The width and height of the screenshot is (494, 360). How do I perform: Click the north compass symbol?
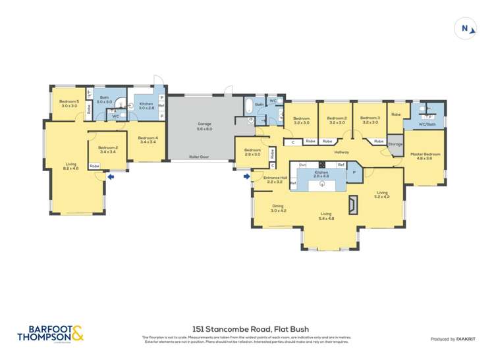[466, 28]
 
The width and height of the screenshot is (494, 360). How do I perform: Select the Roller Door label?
[198, 157]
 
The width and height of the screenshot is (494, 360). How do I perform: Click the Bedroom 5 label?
[70, 103]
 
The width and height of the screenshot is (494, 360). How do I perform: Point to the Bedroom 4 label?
[148, 140]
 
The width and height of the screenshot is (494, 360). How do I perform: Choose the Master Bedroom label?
[425, 156]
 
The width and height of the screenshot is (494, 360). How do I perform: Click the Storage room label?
[395, 143]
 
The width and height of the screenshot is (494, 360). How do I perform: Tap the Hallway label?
[341, 152]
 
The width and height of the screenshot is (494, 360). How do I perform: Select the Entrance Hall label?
[275, 179]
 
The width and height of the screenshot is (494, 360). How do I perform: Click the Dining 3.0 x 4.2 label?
[279, 208]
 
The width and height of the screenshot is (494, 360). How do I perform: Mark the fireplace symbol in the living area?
[354, 205]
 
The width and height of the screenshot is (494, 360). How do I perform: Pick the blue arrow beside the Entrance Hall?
[247, 176]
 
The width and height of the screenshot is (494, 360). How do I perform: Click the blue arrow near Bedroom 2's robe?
[111, 176]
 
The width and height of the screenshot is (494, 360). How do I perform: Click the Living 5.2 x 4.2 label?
[382, 194]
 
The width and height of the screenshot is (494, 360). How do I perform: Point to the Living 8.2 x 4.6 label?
[71, 167]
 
